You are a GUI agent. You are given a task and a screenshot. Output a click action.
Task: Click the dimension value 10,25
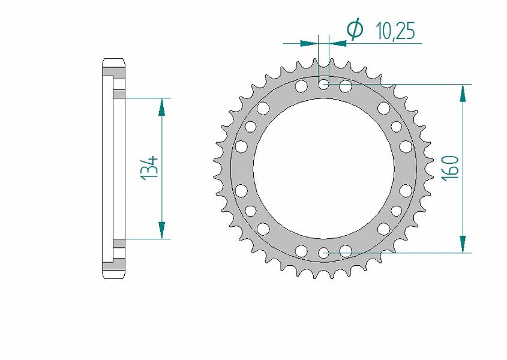[x=395, y=32]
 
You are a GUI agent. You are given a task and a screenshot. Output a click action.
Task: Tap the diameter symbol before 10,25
[x=355, y=30]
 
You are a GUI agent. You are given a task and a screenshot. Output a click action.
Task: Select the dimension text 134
[x=149, y=168]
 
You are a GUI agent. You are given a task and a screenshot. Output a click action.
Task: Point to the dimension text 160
[x=450, y=168]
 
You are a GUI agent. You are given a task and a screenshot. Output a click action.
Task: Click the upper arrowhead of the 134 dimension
[x=161, y=107]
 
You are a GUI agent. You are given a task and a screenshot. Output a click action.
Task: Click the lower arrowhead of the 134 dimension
[x=161, y=230]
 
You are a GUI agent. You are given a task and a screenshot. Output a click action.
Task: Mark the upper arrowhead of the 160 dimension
[x=463, y=94]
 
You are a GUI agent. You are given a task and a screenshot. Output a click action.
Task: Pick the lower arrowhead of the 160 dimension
[x=463, y=244]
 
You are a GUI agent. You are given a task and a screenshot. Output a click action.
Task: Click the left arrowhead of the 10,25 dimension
[x=309, y=43]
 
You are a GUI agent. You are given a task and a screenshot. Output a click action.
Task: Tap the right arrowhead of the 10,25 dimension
[x=338, y=43]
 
